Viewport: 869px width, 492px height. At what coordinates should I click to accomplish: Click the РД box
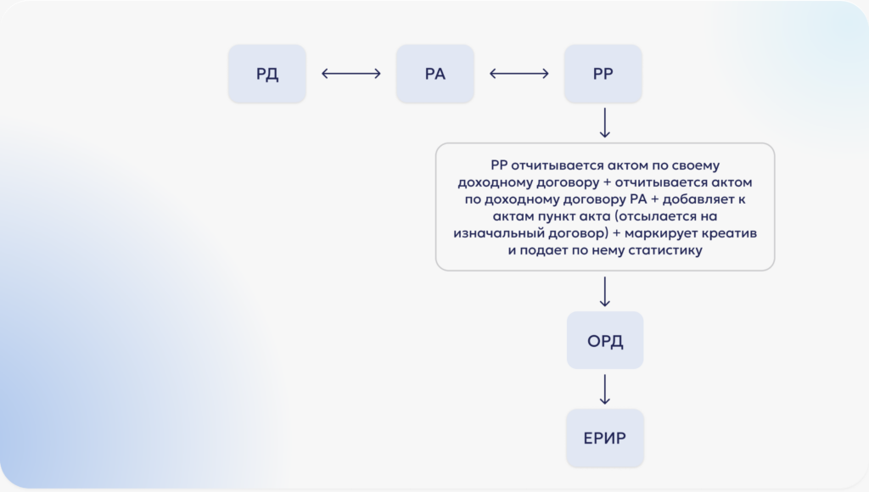267,74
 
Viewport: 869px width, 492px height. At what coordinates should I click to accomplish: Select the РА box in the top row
434,74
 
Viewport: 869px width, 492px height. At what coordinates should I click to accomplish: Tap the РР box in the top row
603,74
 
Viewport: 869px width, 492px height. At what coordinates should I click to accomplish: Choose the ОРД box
605,342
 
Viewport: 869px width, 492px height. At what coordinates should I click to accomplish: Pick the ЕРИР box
605,438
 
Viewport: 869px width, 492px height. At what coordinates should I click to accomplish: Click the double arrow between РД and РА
351,74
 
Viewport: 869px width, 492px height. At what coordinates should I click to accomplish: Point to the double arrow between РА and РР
519,74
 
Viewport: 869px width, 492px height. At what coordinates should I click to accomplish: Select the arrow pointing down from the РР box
604,122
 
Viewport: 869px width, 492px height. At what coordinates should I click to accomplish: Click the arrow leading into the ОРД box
604,291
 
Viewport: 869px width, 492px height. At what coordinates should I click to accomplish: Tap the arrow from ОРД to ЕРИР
604,389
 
